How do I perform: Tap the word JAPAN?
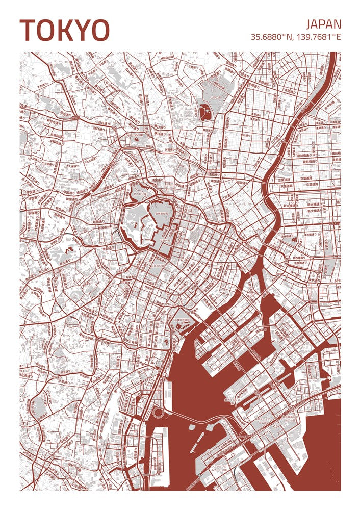323,24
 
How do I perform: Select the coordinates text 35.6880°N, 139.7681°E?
296,37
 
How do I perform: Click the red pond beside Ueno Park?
205,111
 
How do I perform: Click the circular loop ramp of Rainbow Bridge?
159,413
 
